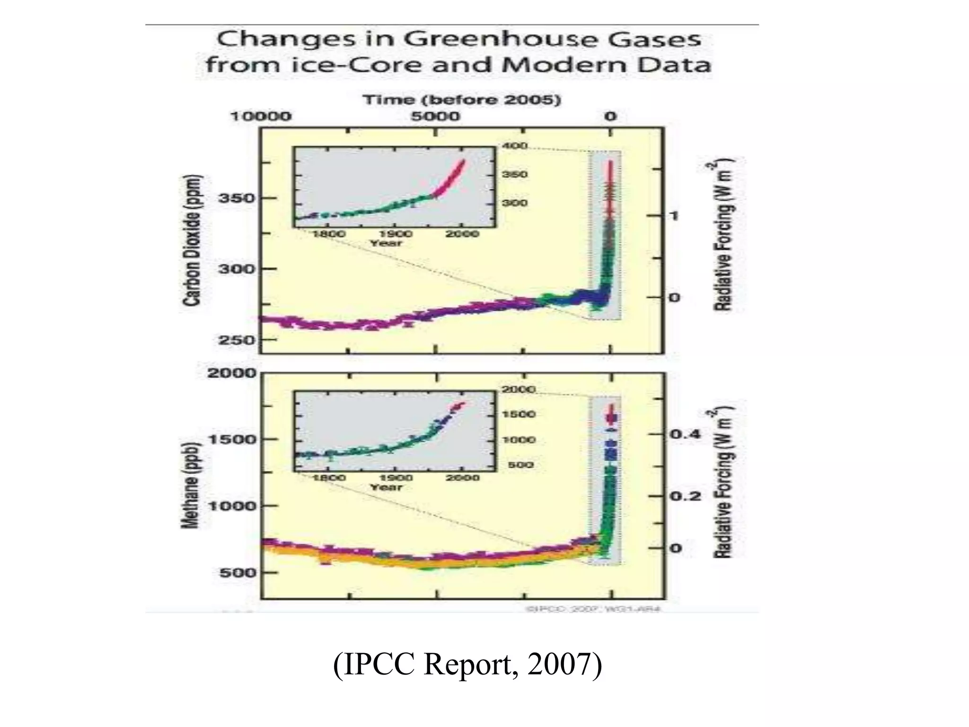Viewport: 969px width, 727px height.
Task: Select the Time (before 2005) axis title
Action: tap(462, 100)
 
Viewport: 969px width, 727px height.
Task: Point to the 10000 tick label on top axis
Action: tap(261, 116)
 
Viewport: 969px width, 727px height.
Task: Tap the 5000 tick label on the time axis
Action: tap(435, 116)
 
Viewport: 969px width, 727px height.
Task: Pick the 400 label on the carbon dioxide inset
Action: tap(515, 146)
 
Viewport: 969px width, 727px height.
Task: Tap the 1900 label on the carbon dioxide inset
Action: tap(396, 234)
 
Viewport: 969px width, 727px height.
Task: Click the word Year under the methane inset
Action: tap(386, 487)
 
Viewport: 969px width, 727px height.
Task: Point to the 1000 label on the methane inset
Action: tap(519, 440)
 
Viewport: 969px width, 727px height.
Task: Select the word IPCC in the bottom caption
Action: tap(379, 665)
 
